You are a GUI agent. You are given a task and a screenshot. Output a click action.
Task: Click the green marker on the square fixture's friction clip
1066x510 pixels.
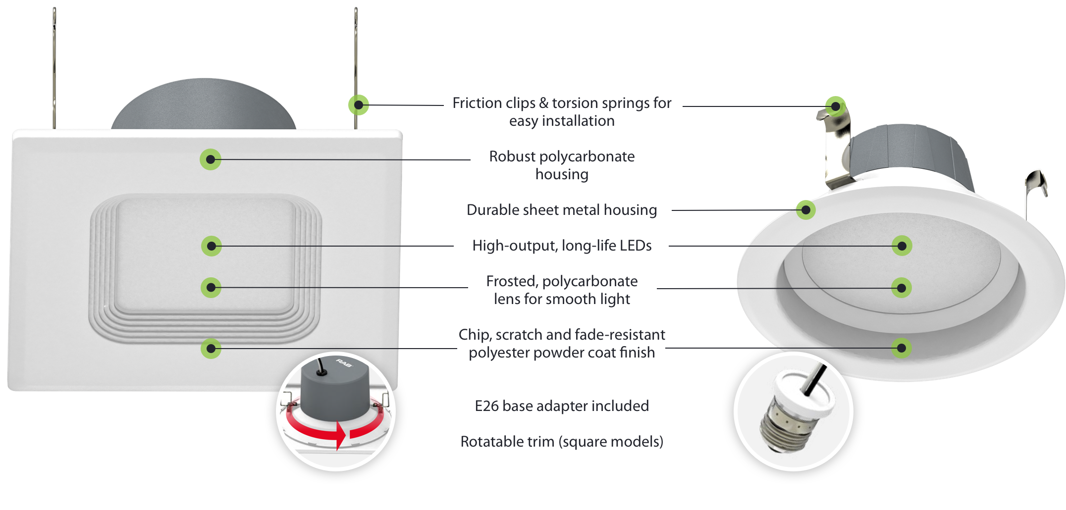pyautogui.click(x=359, y=105)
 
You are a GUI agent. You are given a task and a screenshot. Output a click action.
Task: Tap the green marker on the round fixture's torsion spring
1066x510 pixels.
pyautogui.click(x=836, y=106)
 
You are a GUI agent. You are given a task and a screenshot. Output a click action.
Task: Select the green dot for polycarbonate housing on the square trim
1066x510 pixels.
pyautogui.click(x=211, y=159)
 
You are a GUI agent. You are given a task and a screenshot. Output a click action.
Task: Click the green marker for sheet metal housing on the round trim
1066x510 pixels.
pyautogui.click(x=806, y=210)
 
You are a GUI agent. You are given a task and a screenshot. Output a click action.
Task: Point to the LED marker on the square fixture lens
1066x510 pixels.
pyautogui.click(x=212, y=246)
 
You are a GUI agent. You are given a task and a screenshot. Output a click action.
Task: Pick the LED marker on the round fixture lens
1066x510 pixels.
pyautogui.click(x=902, y=246)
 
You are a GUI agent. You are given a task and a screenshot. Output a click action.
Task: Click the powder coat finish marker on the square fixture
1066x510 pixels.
pyautogui.click(x=211, y=349)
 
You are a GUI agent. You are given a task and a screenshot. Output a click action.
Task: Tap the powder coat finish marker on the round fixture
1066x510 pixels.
pyautogui.click(x=902, y=348)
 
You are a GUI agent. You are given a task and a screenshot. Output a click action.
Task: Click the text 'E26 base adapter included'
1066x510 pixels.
pyautogui.click(x=561, y=406)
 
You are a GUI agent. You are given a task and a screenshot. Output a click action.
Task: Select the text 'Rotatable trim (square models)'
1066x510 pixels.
pyautogui.click(x=561, y=442)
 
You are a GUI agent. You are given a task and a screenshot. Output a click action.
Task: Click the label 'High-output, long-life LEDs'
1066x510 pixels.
pyautogui.click(x=561, y=246)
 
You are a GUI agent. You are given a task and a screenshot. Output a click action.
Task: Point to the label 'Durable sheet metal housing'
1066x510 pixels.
pyautogui.click(x=561, y=210)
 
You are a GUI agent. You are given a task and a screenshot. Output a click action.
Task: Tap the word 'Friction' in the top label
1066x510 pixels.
pyautogui.click(x=477, y=103)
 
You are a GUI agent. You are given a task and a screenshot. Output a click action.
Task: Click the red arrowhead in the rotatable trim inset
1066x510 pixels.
pyautogui.click(x=341, y=436)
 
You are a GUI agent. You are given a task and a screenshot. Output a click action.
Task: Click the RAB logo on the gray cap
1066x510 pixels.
pyautogui.click(x=344, y=363)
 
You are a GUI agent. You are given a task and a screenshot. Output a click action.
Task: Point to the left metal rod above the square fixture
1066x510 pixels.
pyautogui.click(x=54, y=64)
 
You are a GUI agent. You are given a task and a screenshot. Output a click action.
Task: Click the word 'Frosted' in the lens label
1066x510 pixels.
pyautogui.click(x=511, y=281)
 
